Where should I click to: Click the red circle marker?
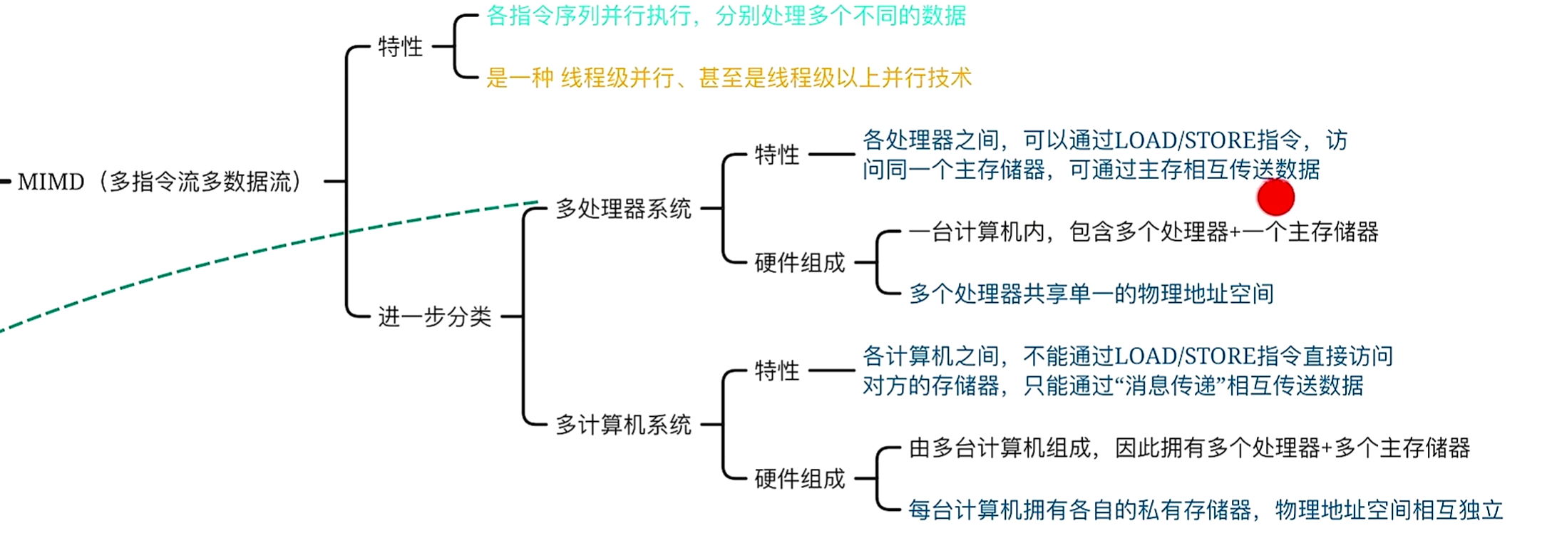click(1275, 197)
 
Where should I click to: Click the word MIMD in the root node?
click(51, 182)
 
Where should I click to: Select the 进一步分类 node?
click(434, 316)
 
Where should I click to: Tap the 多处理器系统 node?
click(623, 209)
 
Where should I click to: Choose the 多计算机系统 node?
click(623, 425)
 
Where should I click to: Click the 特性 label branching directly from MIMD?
click(400, 47)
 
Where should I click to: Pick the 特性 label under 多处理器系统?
click(776, 155)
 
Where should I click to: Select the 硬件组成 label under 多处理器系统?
click(799, 263)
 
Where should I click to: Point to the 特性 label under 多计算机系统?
click(776, 371)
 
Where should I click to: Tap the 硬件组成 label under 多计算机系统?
click(799, 479)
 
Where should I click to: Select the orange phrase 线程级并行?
click(617, 78)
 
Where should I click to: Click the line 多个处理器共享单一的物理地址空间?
click(1091, 294)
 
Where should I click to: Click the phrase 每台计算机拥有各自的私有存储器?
click(1079, 510)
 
